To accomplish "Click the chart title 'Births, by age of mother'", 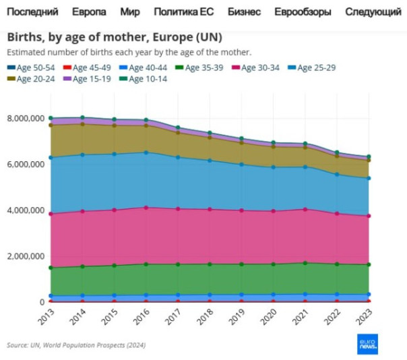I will pyautogui.click(x=115, y=37).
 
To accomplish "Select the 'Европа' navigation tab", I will pyautogui.click(x=88, y=12).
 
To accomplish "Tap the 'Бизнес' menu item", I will pyautogui.click(x=245, y=12).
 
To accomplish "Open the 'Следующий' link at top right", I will pyautogui.click(x=373, y=12).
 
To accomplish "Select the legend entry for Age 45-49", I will pyautogui.click(x=90, y=68).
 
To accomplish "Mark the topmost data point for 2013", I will pyautogui.click(x=51, y=118).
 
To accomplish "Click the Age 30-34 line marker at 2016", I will pyautogui.click(x=147, y=208).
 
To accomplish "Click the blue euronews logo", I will pyautogui.click(x=367, y=344).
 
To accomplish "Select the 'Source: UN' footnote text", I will pyautogui.click(x=76, y=345).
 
